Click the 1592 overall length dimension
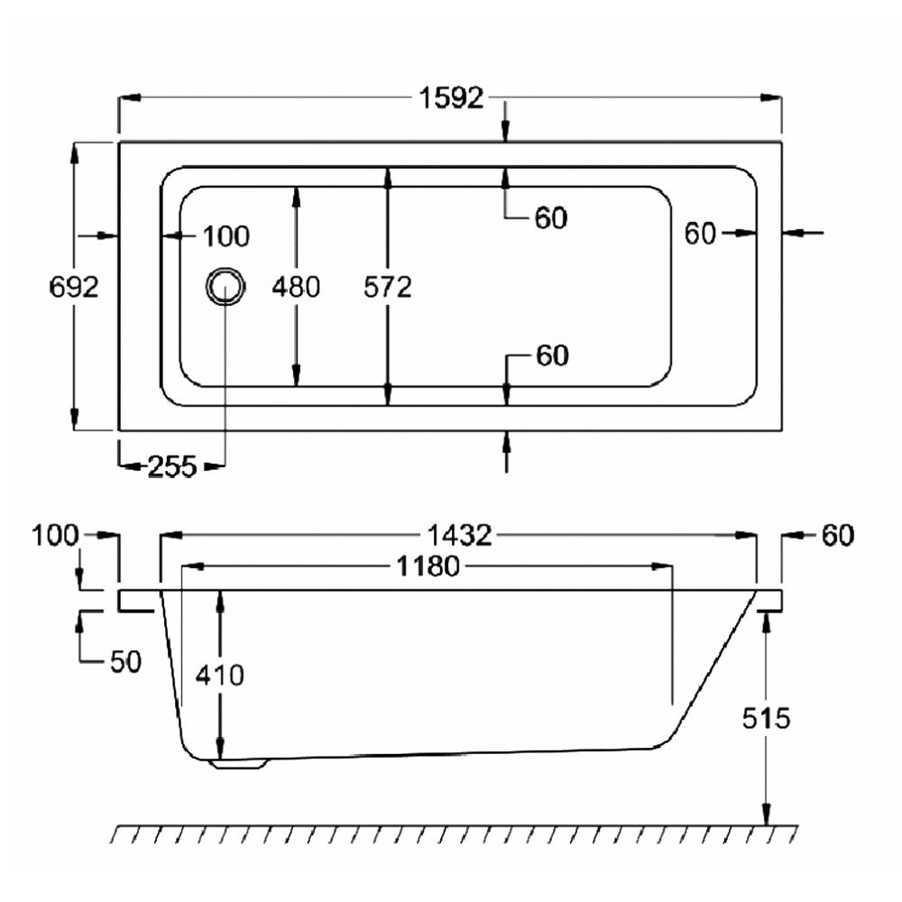point(452,98)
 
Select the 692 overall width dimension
point(74,287)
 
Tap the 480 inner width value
point(296,287)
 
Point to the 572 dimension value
point(388,287)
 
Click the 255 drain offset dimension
point(172,466)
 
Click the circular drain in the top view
point(225,287)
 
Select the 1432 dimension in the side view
point(460,536)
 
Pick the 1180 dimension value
point(428,566)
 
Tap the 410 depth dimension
point(220,674)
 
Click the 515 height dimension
point(766,718)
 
